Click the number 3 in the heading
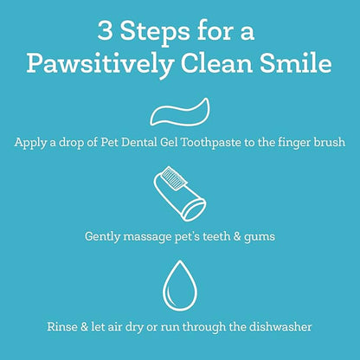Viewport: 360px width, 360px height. coord(105,30)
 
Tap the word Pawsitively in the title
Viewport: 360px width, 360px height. coord(100,64)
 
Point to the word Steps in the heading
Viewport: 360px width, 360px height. coord(155,32)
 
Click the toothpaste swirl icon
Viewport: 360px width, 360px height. coord(179,112)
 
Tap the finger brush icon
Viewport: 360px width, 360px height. coord(180,194)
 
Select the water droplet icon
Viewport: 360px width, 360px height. coord(180,286)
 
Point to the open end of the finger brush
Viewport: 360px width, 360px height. coord(195,209)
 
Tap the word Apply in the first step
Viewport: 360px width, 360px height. coord(30,143)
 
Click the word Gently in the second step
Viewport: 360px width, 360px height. coord(102,237)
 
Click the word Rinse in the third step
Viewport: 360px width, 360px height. coord(62,327)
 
